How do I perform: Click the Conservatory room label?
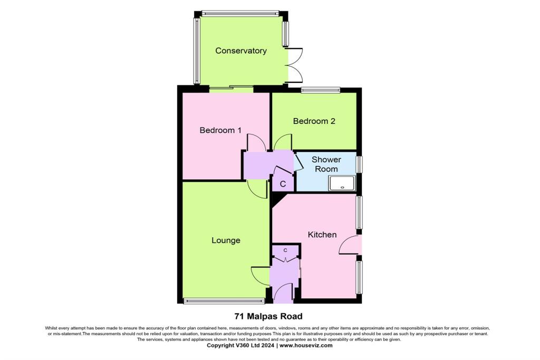coord(241,51)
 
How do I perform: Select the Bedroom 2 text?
coord(314,121)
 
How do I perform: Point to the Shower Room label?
coord(326,164)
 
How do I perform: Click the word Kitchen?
coord(322,235)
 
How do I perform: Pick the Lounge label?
coord(226,240)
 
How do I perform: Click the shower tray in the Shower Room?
coord(342,183)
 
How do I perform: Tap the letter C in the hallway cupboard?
coord(283,184)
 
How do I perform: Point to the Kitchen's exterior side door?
coord(350,245)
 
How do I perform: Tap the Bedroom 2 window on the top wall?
coord(321,90)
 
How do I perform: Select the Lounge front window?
coord(224,301)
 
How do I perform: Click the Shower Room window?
coord(359,164)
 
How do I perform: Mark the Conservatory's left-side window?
coord(197,51)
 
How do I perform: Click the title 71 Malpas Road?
coord(268,317)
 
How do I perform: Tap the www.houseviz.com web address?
coord(306,346)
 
